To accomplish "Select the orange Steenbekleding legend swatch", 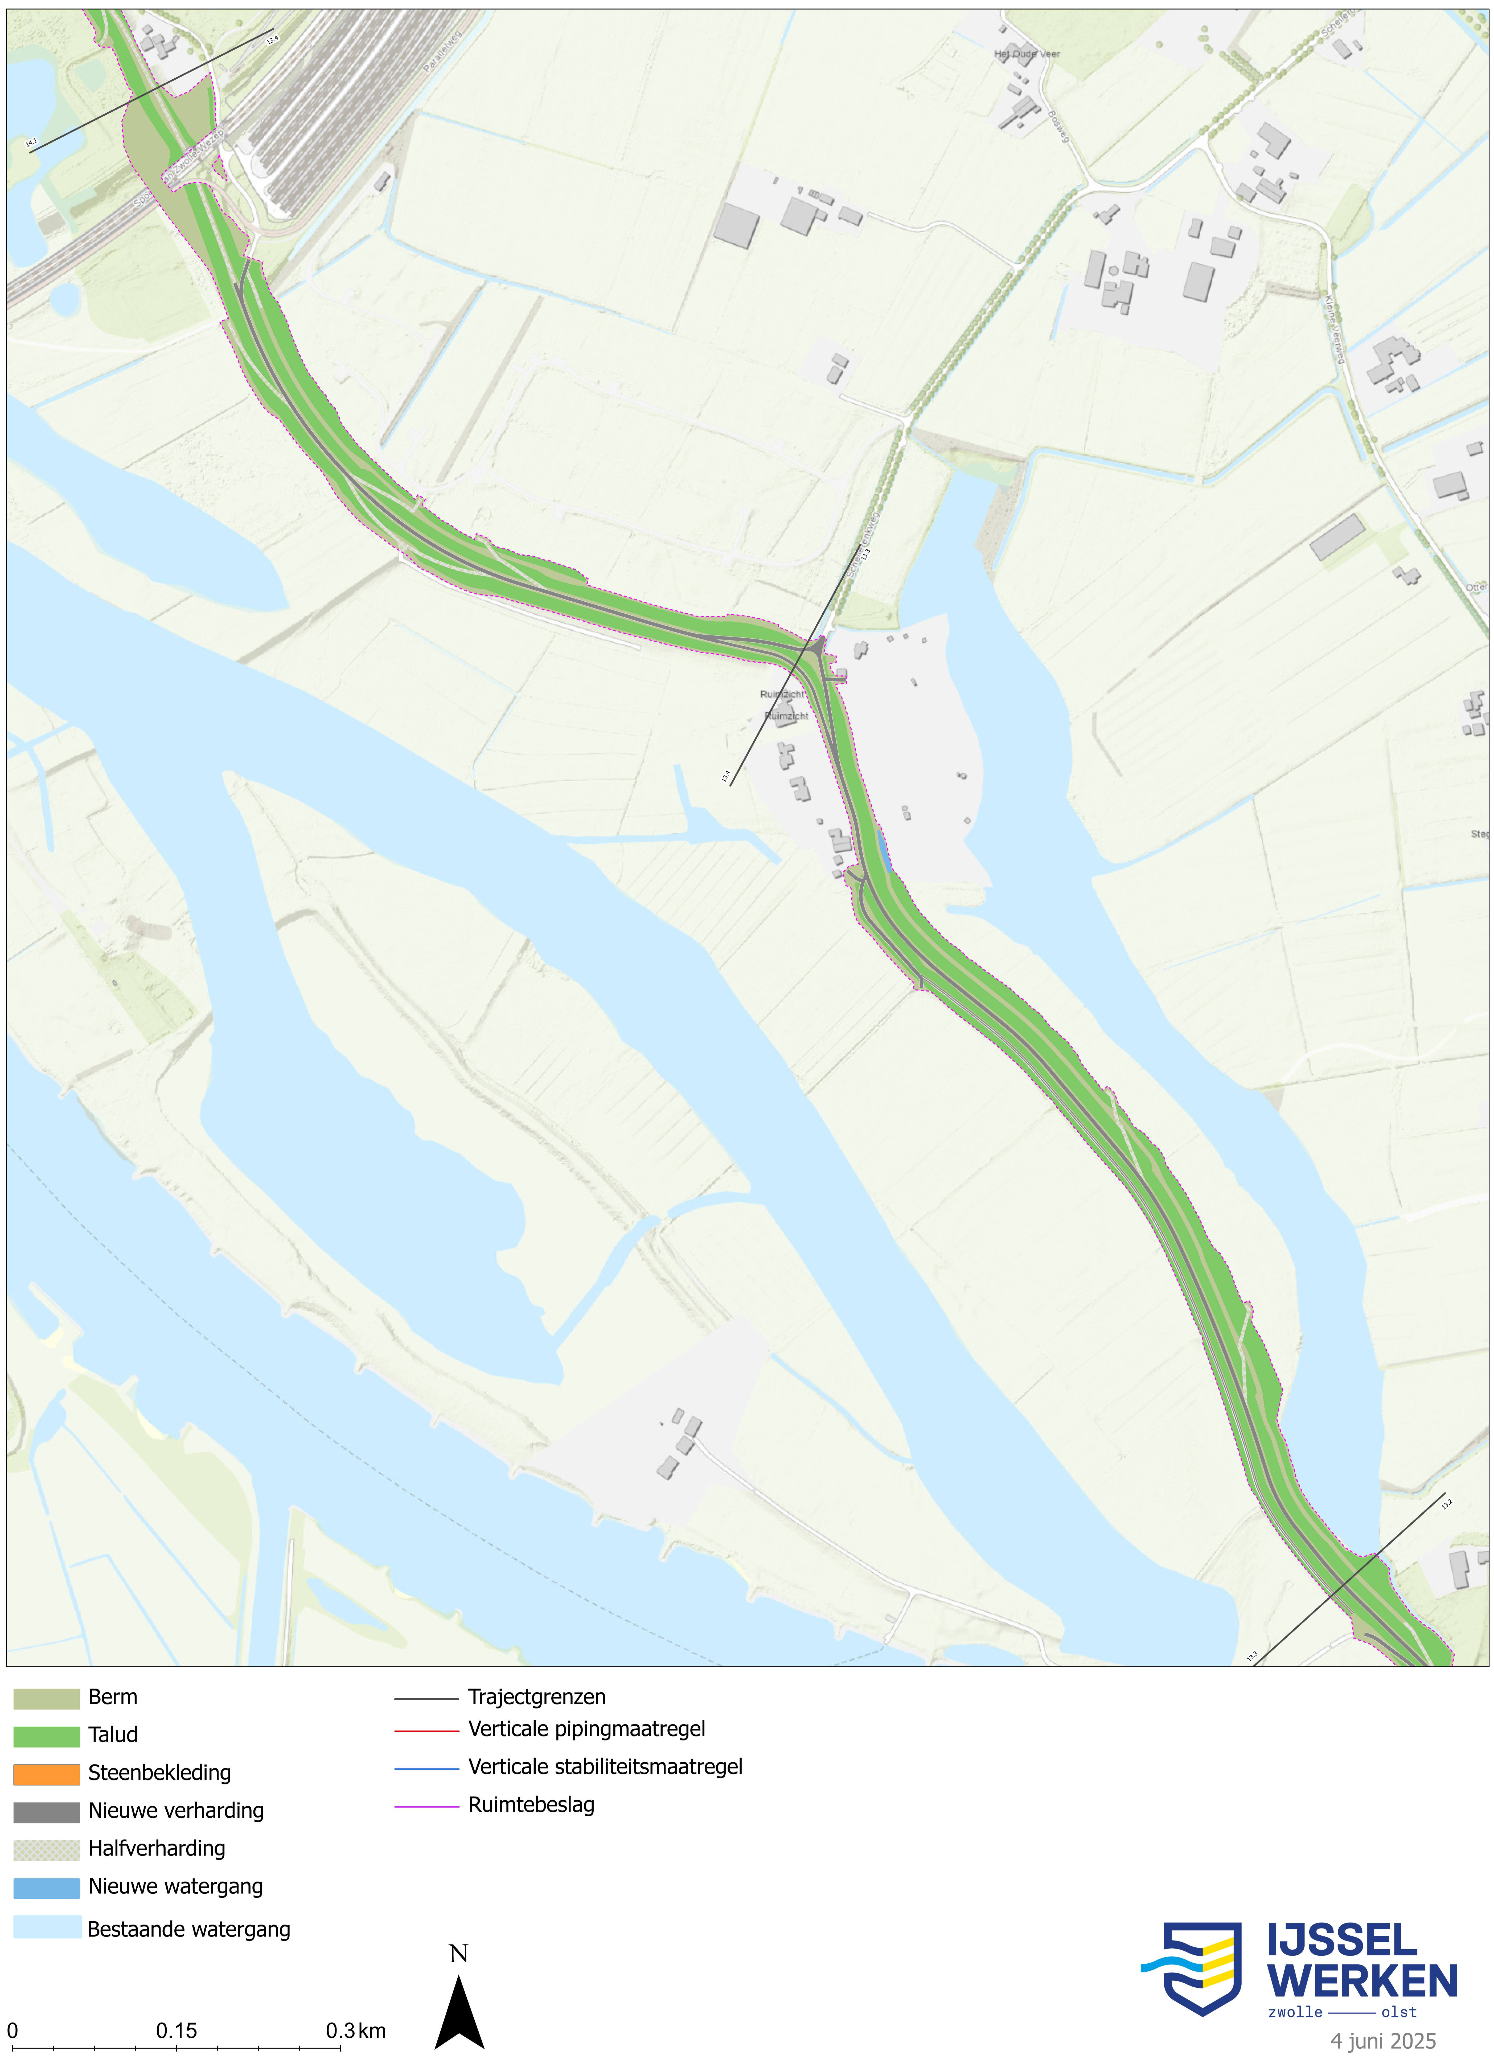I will pyautogui.click(x=46, y=1774).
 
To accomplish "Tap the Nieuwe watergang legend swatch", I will pyautogui.click(x=46, y=1887).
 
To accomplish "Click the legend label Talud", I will pyautogui.click(x=113, y=1736).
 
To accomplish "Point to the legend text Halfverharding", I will pyautogui.click(x=156, y=1849).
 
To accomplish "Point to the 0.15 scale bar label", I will pyautogui.click(x=176, y=2031).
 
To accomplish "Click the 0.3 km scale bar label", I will pyautogui.click(x=356, y=2031).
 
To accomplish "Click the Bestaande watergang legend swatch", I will pyautogui.click(x=46, y=1928).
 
